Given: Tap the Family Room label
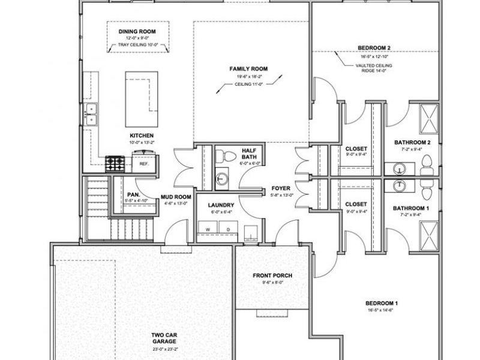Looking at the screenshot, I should (x=248, y=69).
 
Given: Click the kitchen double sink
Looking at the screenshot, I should (x=92, y=113).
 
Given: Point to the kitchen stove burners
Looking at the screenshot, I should (x=115, y=163).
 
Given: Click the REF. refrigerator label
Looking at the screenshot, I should (x=144, y=163).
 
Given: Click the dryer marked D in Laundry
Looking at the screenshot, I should (x=228, y=229).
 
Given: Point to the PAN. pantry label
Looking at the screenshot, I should (x=133, y=194).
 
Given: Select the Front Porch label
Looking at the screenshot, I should (x=272, y=275).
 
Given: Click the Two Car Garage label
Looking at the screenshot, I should (x=163, y=337).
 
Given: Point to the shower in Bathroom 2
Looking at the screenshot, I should (x=428, y=115).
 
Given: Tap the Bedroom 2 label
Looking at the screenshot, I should (x=374, y=47).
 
